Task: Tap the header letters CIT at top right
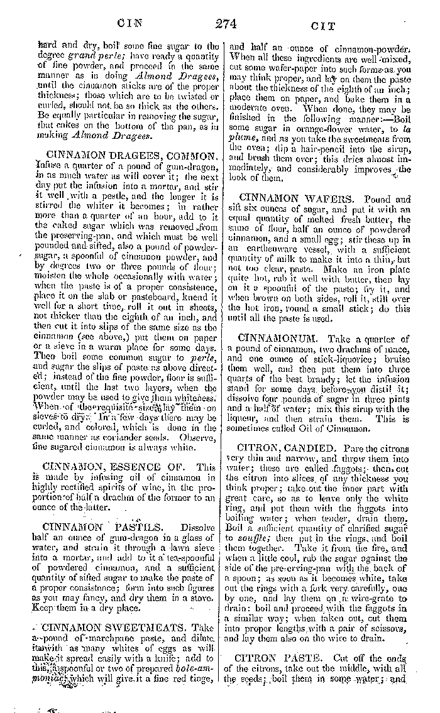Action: [323, 26]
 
